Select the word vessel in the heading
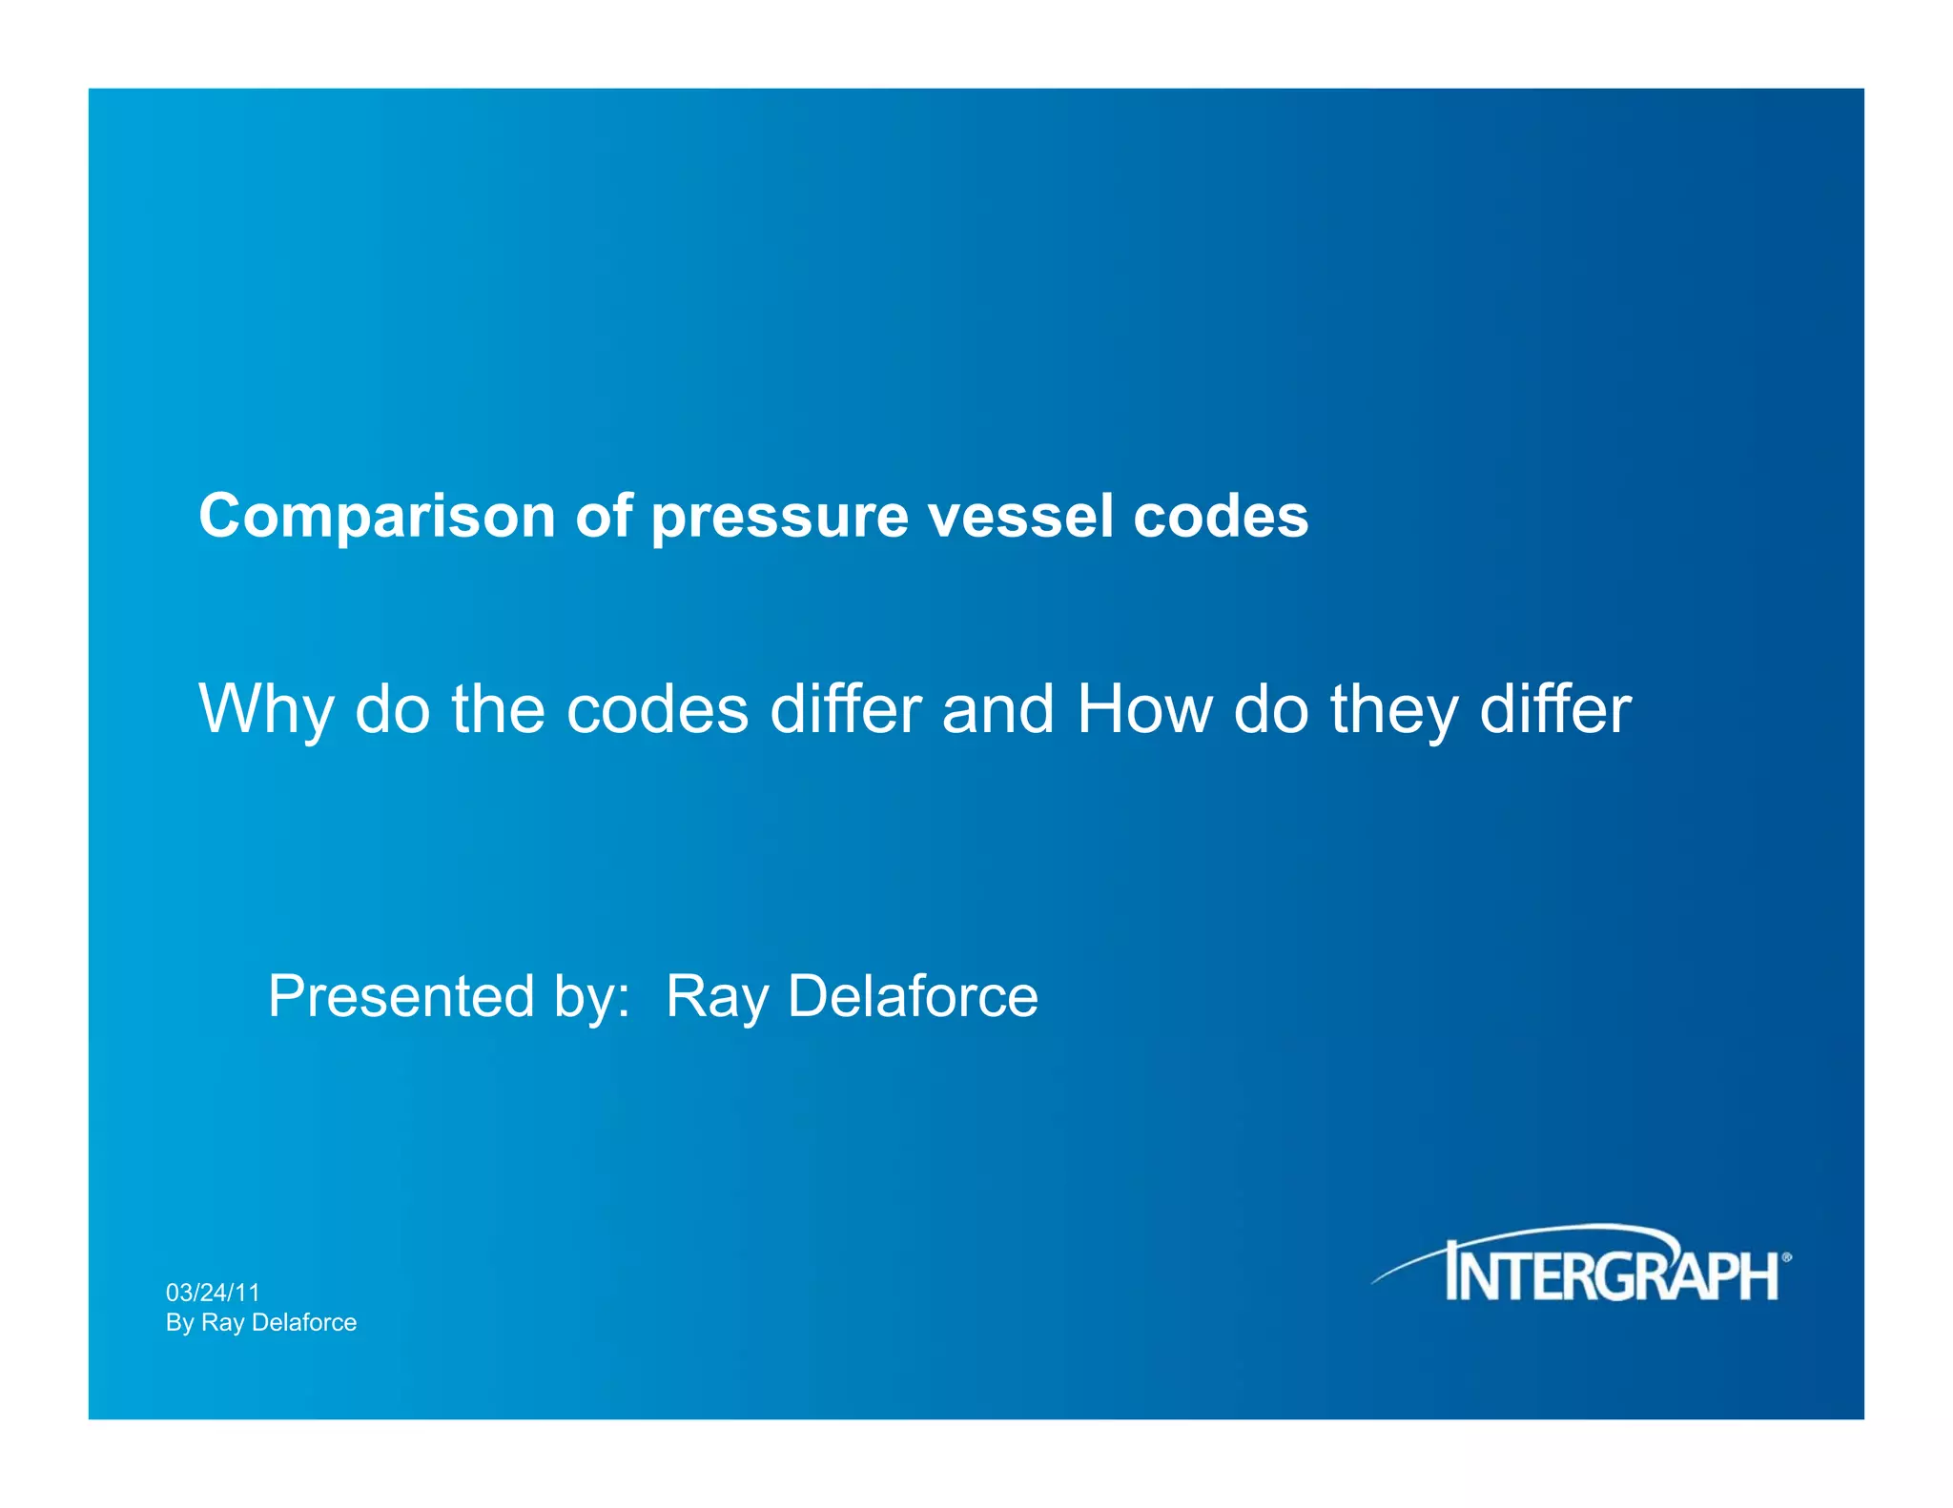(1021, 517)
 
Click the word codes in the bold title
(1221, 517)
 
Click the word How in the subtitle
(1144, 709)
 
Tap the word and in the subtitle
(997, 709)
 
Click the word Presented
(401, 996)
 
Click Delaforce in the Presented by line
(913, 996)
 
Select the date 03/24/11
(213, 1293)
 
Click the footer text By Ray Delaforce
(261, 1322)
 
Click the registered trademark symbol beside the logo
(1786, 1258)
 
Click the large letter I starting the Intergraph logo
(1453, 1271)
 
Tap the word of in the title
(604, 517)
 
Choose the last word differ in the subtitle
(1554, 709)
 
